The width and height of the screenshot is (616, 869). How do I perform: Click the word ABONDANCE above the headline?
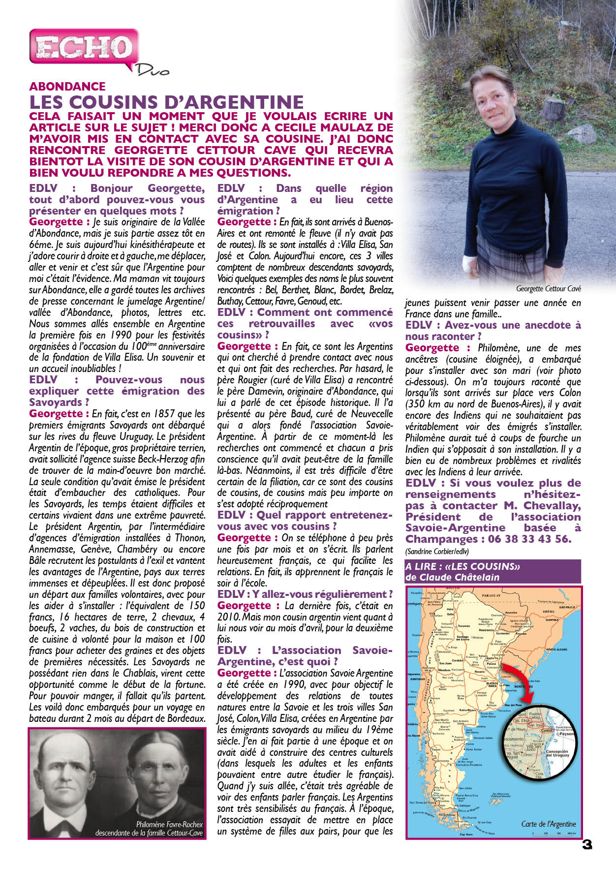pos(67,87)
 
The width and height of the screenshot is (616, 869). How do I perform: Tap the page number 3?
pos(586,844)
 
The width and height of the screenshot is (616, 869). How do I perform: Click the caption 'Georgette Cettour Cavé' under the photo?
pos(548,289)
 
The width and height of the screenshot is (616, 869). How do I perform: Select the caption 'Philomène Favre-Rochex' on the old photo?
pos(169,825)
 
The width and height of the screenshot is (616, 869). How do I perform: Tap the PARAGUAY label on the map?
pos(491,595)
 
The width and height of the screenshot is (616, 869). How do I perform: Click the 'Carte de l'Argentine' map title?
pos(548,824)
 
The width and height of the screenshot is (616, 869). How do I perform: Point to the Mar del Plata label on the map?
pos(513,705)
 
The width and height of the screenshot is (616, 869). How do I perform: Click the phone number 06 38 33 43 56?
pos(530,539)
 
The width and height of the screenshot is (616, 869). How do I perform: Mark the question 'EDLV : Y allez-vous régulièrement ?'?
pos(305,594)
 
